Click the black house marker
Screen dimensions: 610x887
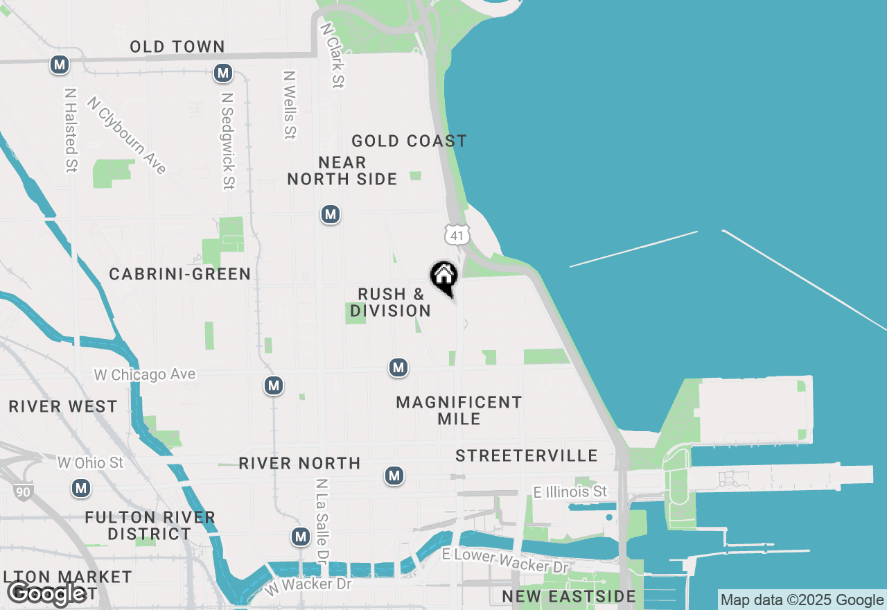click(444, 277)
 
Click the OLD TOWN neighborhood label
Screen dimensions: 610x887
click(178, 46)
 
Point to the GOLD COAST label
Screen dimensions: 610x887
click(409, 141)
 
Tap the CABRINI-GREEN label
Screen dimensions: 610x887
click(180, 274)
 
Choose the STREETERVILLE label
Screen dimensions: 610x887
click(527, 455)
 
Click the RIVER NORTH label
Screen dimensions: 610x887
click(299, 463)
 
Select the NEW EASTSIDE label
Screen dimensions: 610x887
click(569, 596)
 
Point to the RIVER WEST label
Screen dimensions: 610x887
click(63, 406)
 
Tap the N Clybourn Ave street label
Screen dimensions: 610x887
click(128, 135)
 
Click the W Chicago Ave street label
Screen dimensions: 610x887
click(145, 375)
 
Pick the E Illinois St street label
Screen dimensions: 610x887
click(570, 491)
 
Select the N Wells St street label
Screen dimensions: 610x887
click(290, 105)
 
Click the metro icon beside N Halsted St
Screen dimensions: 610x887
click(60, 65)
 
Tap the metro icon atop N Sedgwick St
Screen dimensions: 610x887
click(222, 73)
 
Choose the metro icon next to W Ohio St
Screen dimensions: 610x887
click(82, 488)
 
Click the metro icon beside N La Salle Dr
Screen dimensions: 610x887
click(301, 537)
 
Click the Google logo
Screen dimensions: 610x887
click(47, 593)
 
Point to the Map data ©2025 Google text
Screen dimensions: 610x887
click(802, 600)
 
